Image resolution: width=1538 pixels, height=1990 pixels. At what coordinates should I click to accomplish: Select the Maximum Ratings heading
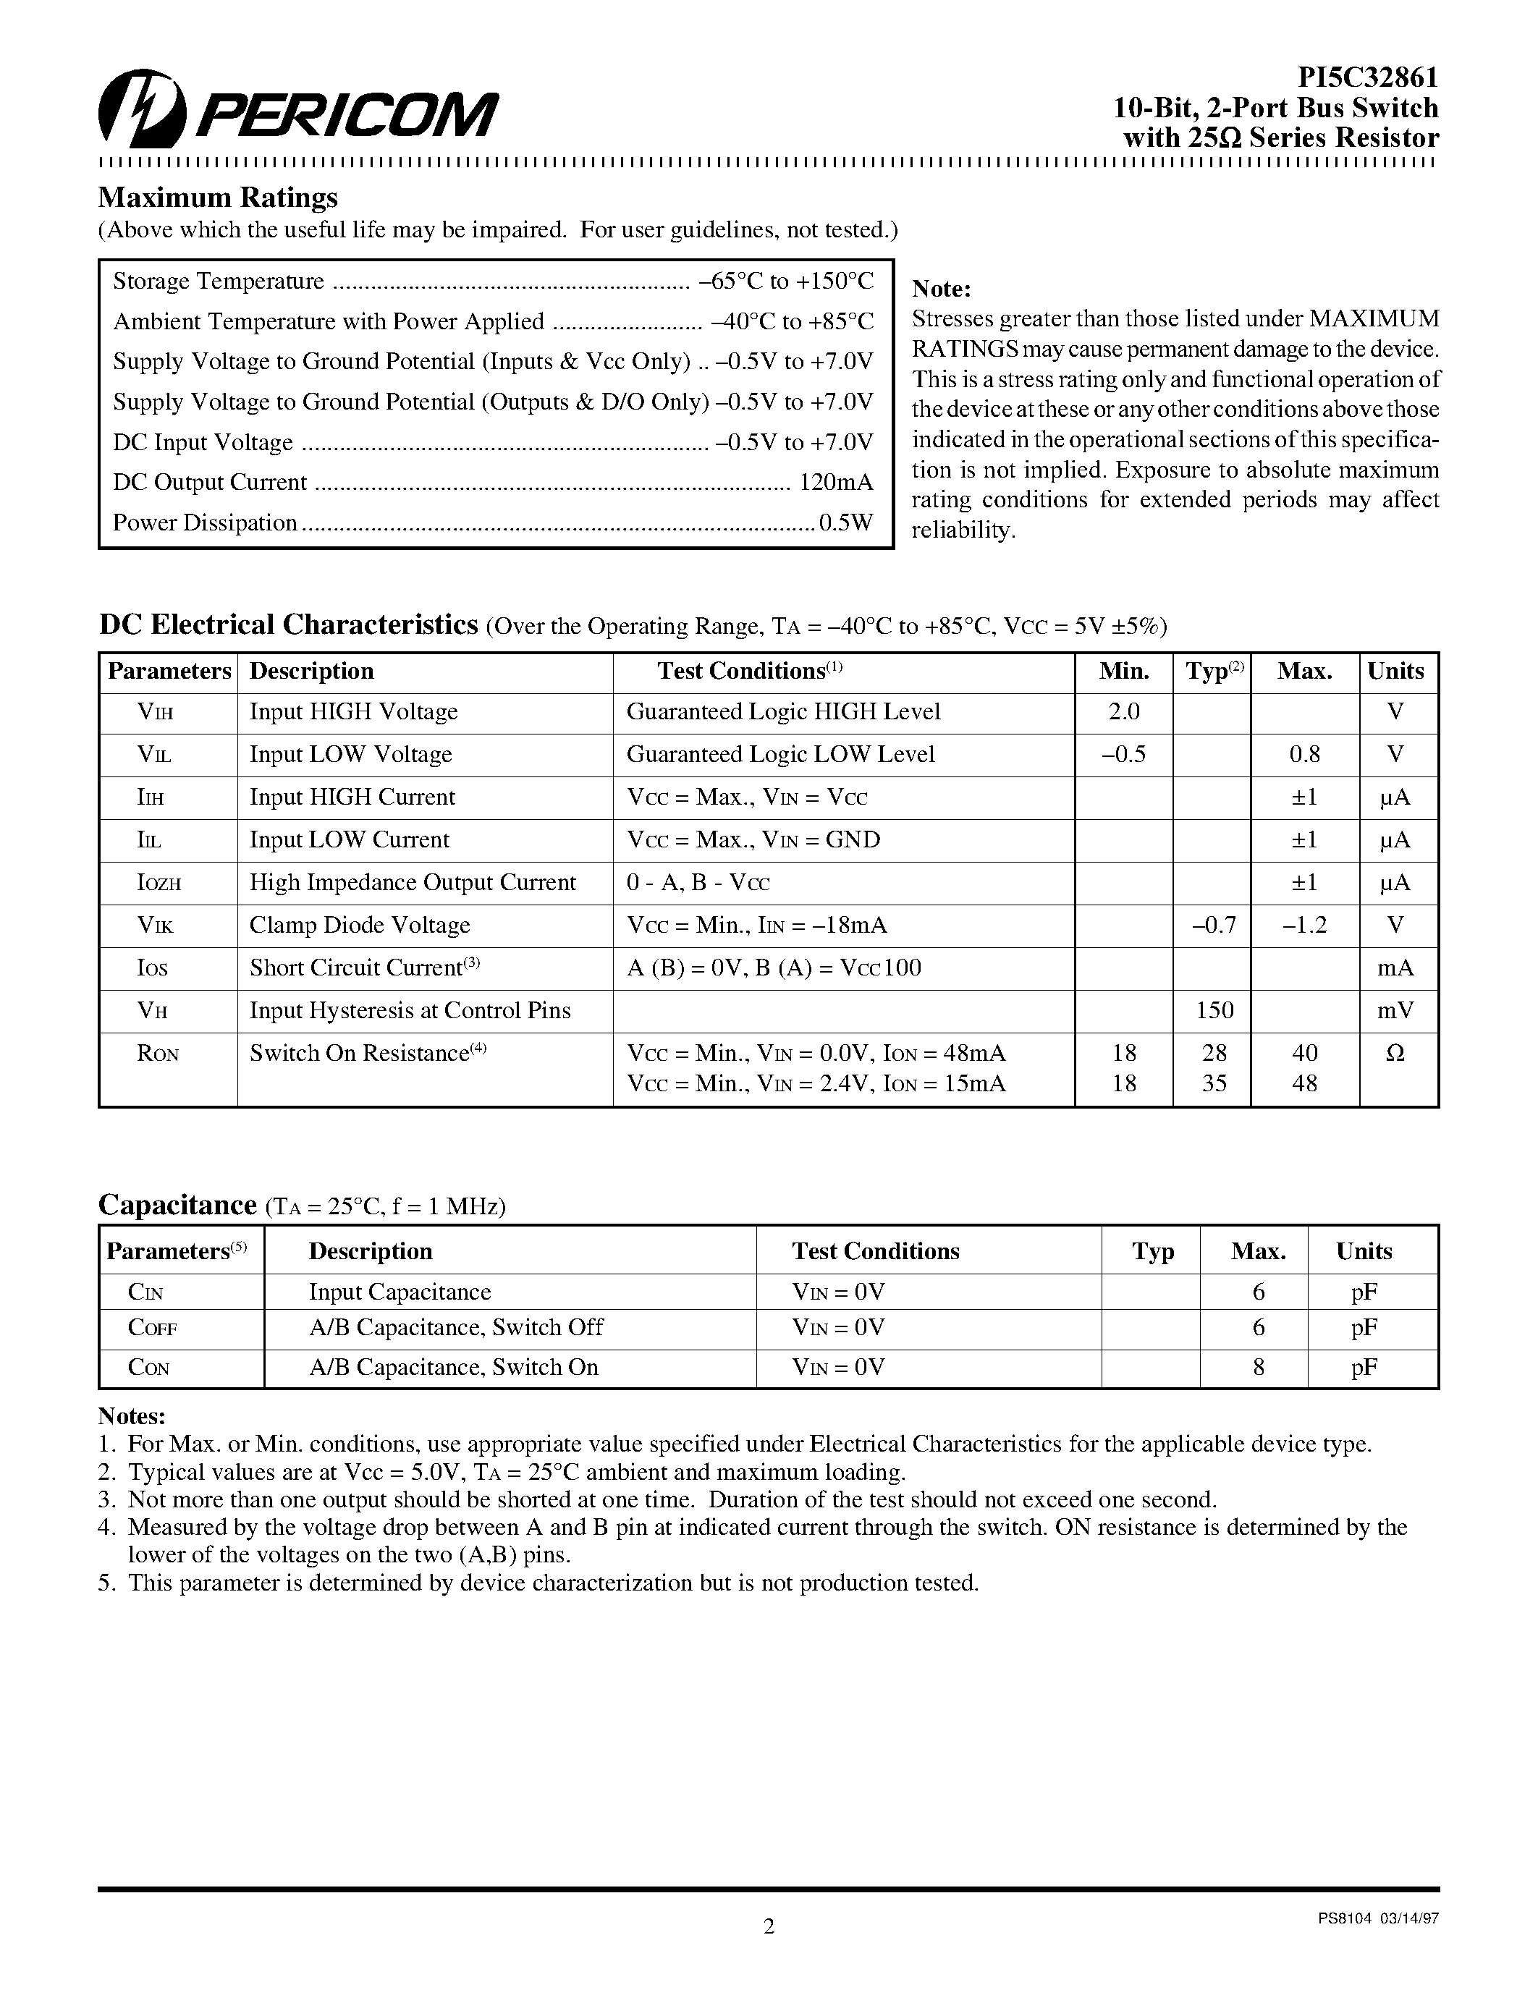[x=218, y=198]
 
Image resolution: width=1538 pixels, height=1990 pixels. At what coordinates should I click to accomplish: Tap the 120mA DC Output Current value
[x=835, y=482]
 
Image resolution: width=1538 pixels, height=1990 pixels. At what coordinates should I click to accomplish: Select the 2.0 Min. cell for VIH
[x=1123, y=711]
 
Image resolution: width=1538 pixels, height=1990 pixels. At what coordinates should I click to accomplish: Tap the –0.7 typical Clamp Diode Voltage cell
[x=1213, y=925]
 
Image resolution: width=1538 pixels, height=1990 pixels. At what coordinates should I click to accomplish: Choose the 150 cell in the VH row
[x=1214, y=1010]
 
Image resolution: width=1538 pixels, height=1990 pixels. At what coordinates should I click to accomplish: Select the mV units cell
[x=1394, y=1010]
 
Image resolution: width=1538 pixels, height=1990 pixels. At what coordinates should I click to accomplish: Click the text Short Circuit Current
[x=356, y=968]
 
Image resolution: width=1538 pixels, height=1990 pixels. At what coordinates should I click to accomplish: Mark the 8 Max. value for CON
[x=1259, y=1367]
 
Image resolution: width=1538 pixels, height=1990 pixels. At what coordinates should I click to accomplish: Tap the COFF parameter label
[x=152, y=1328]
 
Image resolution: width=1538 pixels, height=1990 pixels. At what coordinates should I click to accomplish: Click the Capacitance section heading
[x=177, y=1205]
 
